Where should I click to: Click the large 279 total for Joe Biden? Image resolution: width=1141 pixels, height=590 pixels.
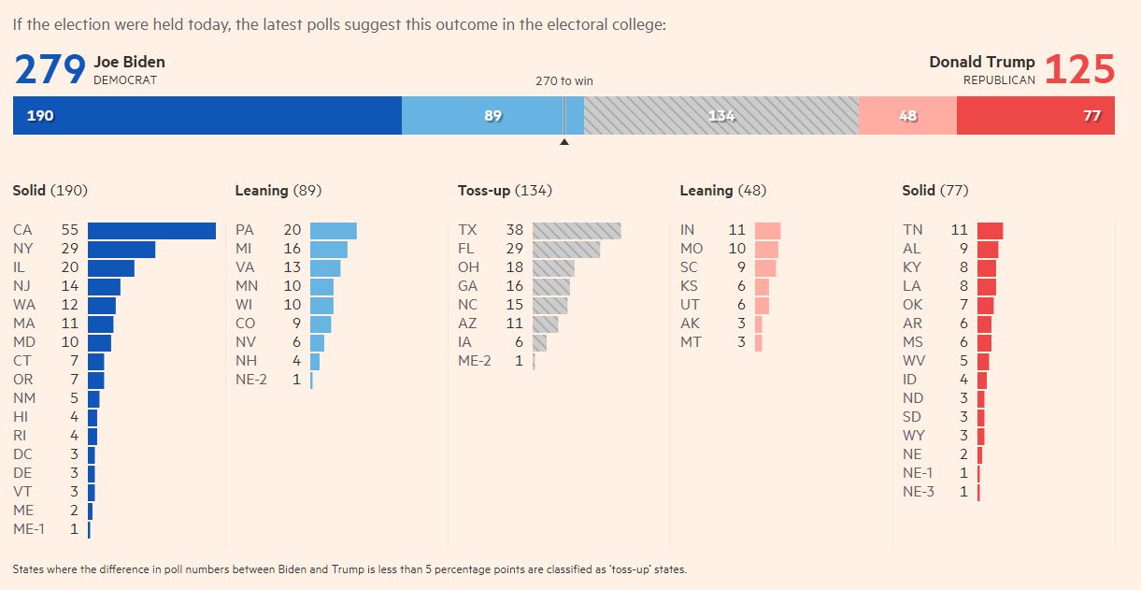[50, 70]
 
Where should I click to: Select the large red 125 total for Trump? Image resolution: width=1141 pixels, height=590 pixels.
[1079, 70]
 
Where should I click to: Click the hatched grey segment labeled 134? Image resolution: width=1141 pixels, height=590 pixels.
[720, 116]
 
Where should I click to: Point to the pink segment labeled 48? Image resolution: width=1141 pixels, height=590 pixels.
[907, 116]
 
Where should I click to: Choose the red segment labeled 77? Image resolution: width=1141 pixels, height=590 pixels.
[1035, 116]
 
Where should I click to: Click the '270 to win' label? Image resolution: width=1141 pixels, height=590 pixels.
[563, 81]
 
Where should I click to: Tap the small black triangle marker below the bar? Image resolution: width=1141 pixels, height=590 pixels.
[563, 142]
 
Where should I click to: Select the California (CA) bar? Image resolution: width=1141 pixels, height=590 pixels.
[151, 230]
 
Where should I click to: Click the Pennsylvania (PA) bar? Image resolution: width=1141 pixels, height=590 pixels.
[333, 230]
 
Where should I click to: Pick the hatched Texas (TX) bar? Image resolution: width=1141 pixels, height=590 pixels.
[577, 230]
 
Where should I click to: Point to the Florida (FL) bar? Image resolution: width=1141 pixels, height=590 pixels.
[566, 249]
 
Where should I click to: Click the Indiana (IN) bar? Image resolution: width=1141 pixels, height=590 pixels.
[767, 230]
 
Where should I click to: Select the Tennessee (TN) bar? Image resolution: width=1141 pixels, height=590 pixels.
[990, 230]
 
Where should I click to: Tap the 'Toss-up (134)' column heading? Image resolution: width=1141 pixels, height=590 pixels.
[505, 191]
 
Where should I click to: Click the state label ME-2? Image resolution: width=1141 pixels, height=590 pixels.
[475, 361]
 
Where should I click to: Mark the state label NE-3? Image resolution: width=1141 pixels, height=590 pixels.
[919, 492]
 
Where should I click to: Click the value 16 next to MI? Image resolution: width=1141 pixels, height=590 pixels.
[292, 249]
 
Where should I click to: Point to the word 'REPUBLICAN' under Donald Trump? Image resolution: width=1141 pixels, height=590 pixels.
[999, 80]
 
